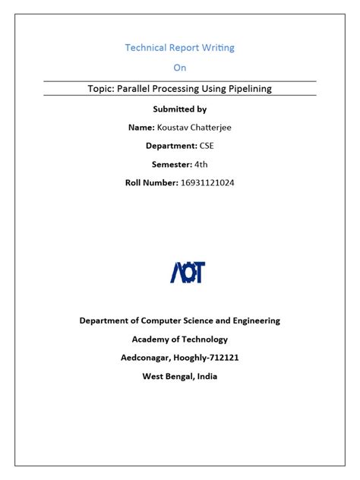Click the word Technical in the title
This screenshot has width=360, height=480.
(144, 48)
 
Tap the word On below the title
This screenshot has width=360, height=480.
(179, 68)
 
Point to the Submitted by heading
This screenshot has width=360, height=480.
(179, 109)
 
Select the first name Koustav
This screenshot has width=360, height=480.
(173, 128)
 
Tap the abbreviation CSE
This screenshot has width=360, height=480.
(207, 146)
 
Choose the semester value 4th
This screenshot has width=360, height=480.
(201, 164)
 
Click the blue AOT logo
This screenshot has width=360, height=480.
(187, 272)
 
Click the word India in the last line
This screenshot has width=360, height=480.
(205, 376)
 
